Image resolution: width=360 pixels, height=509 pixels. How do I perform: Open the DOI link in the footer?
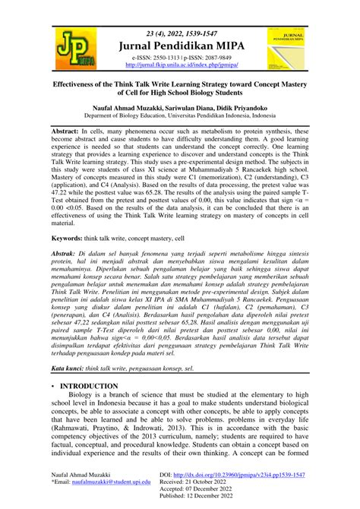(x=258, y=474)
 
